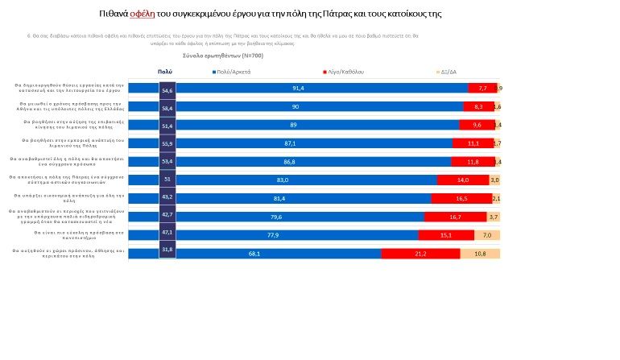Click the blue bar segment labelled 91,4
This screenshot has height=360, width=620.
[321, 88]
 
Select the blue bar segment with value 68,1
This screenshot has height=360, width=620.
[278, 254]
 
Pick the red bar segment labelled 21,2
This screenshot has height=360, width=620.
[420, 254]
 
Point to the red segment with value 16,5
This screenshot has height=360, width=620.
[461, 198]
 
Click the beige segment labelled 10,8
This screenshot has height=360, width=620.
[480, 254]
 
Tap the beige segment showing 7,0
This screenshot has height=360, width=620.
[487, 235]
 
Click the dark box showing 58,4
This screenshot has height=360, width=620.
[167, 107]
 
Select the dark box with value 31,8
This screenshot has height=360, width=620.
[167, 251]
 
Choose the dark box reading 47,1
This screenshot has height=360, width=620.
[167, 233]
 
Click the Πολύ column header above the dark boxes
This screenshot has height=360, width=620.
[164, 72]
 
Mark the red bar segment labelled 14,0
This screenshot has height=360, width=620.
[462, 180]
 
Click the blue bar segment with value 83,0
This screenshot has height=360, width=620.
[306, 180]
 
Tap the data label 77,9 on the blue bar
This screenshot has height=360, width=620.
[296, 235]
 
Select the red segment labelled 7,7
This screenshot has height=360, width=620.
[482, 88]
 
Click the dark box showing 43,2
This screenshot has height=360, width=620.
[167, 197]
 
